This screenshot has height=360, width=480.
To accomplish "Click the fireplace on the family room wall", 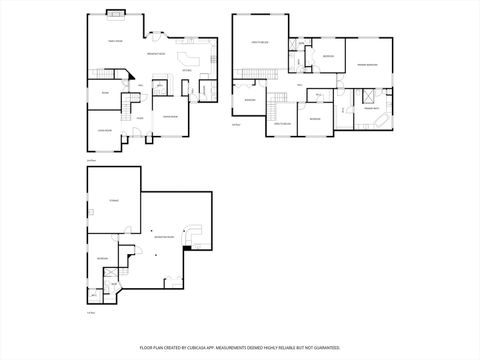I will [117, 14].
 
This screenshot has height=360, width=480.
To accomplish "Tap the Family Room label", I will [115, 41].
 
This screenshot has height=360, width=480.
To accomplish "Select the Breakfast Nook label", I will [156, 53].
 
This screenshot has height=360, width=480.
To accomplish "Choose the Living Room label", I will [103, 130].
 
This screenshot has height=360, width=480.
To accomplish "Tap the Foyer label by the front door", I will [139, 118].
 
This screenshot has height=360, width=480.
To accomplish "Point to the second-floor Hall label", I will [299, 86].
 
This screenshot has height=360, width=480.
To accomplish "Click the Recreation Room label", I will [164, 236].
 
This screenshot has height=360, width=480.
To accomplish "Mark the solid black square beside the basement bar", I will [187, 248].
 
